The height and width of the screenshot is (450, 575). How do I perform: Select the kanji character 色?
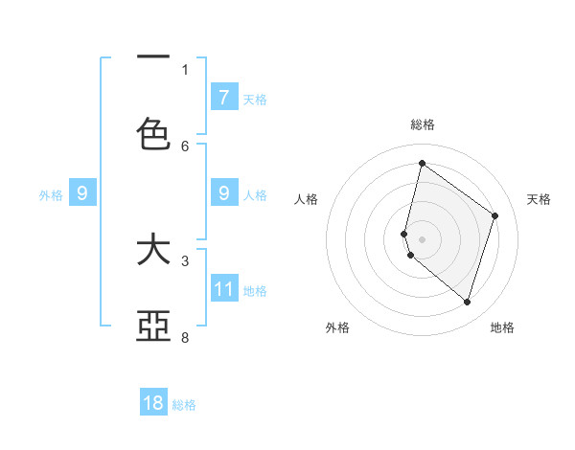(153, 134)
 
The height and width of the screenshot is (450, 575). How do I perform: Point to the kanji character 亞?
(153, 326)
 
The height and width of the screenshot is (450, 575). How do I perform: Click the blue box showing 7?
(223, 97)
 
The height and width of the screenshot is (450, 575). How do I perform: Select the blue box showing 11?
(223, 289)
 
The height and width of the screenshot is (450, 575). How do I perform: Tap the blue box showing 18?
(153, 403)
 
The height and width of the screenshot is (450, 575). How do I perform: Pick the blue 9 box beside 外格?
(82, 193)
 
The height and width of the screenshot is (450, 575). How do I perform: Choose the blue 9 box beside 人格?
(223, 193)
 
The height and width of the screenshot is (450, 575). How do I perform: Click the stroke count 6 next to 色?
(185, 146)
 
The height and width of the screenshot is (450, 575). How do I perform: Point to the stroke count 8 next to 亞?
(185, 337)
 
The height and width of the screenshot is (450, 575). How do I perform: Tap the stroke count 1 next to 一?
(185, 69)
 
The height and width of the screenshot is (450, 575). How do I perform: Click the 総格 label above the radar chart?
(423, 124)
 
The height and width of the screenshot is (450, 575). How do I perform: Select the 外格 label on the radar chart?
(337, 327)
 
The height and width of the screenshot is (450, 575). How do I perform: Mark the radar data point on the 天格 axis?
(494, 215)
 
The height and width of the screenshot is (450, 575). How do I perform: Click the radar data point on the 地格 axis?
(467, 302)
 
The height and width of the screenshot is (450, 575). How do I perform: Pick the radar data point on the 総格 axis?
(422, 163)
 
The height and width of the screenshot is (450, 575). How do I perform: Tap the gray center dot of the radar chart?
(422, 238)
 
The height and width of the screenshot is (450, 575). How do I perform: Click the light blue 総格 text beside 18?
(184, 405)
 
